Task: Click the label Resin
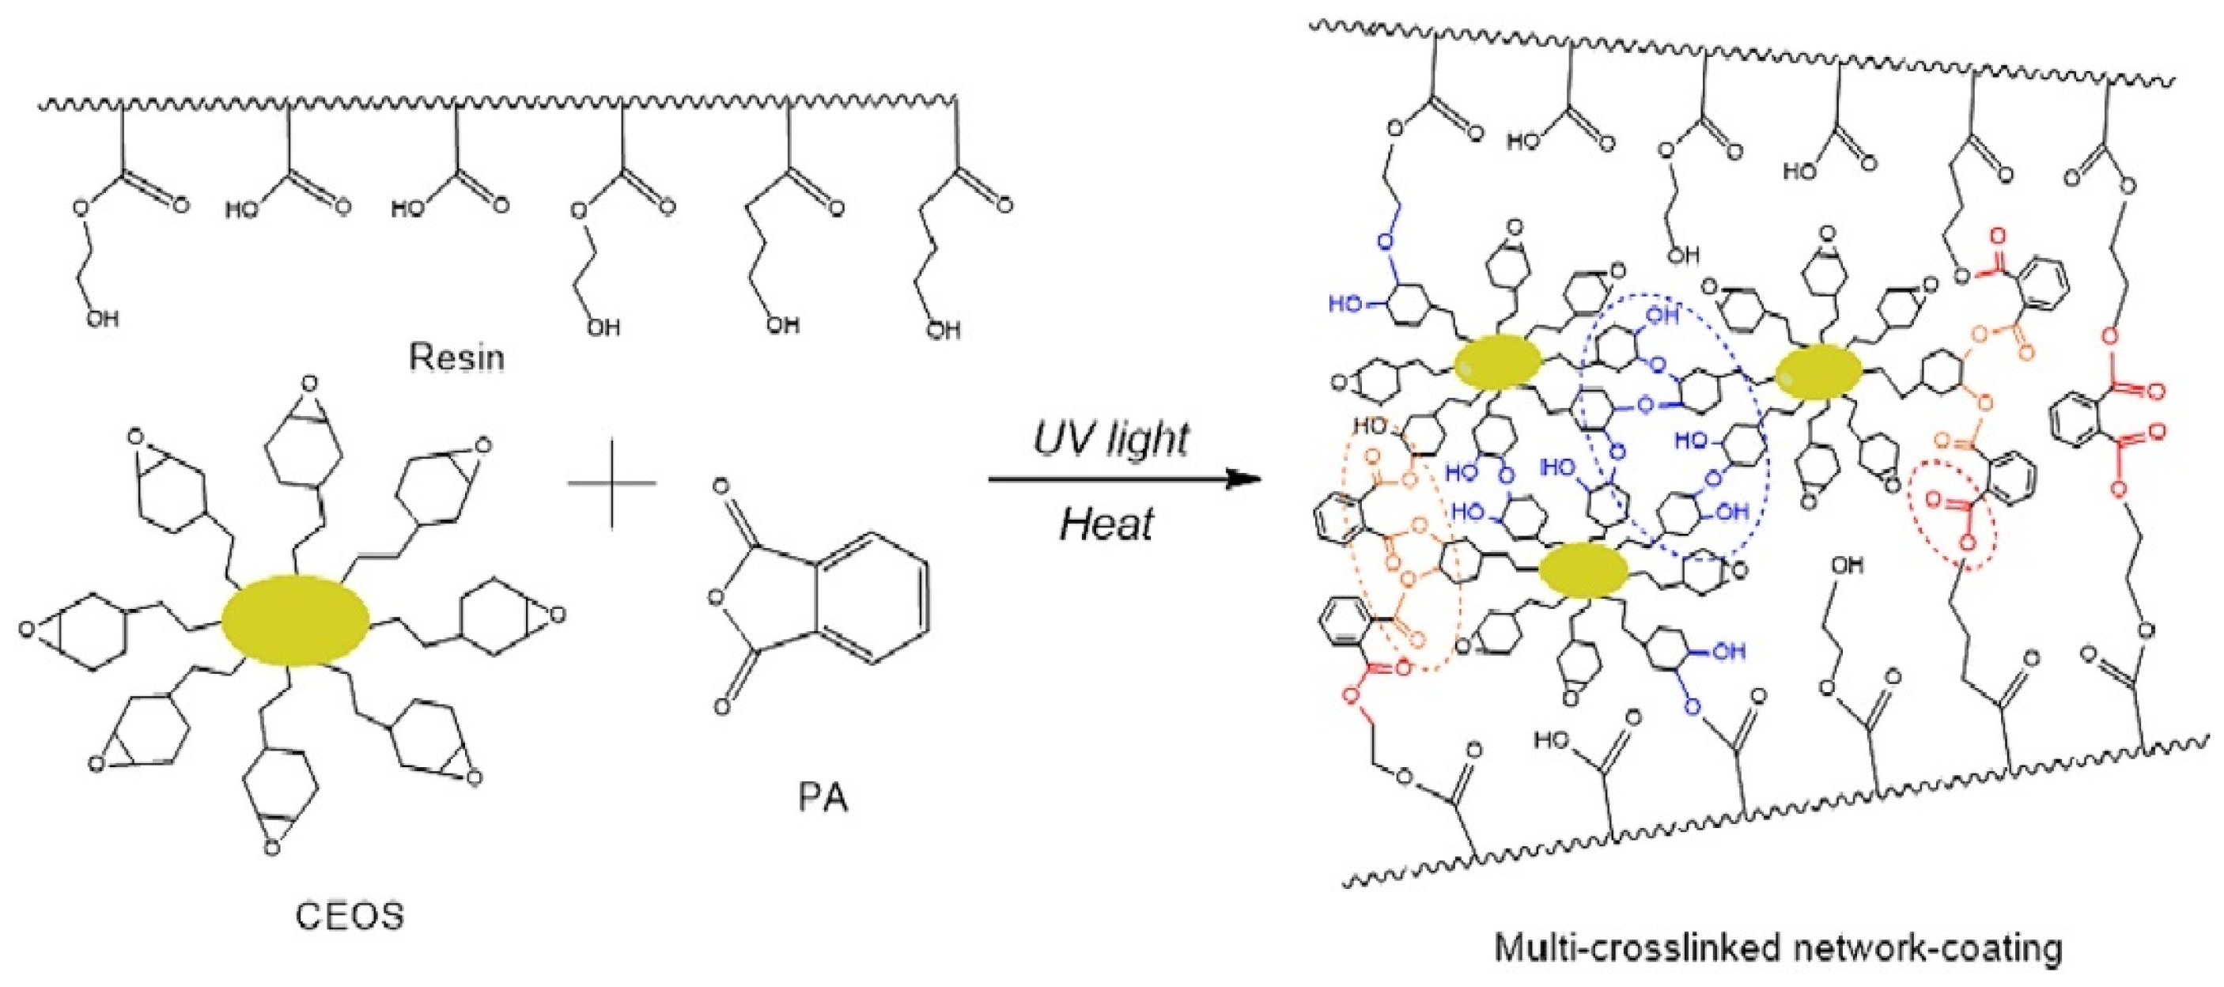coord(456,357)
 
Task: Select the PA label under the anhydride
coord(823,799)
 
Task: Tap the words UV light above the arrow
coord(1111,439)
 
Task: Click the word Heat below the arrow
coord(1106,524)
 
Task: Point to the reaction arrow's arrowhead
coord(1247,478)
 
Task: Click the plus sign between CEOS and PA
coord(611,482)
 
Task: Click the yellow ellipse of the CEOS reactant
coord(296,620)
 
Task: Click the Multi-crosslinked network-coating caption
coord(1780,948)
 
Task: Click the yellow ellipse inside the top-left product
coord(1497,365)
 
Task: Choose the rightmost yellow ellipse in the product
coord(1818,373)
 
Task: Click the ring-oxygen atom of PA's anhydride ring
coord(714,596)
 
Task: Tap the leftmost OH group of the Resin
coord(101,319)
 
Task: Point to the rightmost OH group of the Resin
coord(943,329)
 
